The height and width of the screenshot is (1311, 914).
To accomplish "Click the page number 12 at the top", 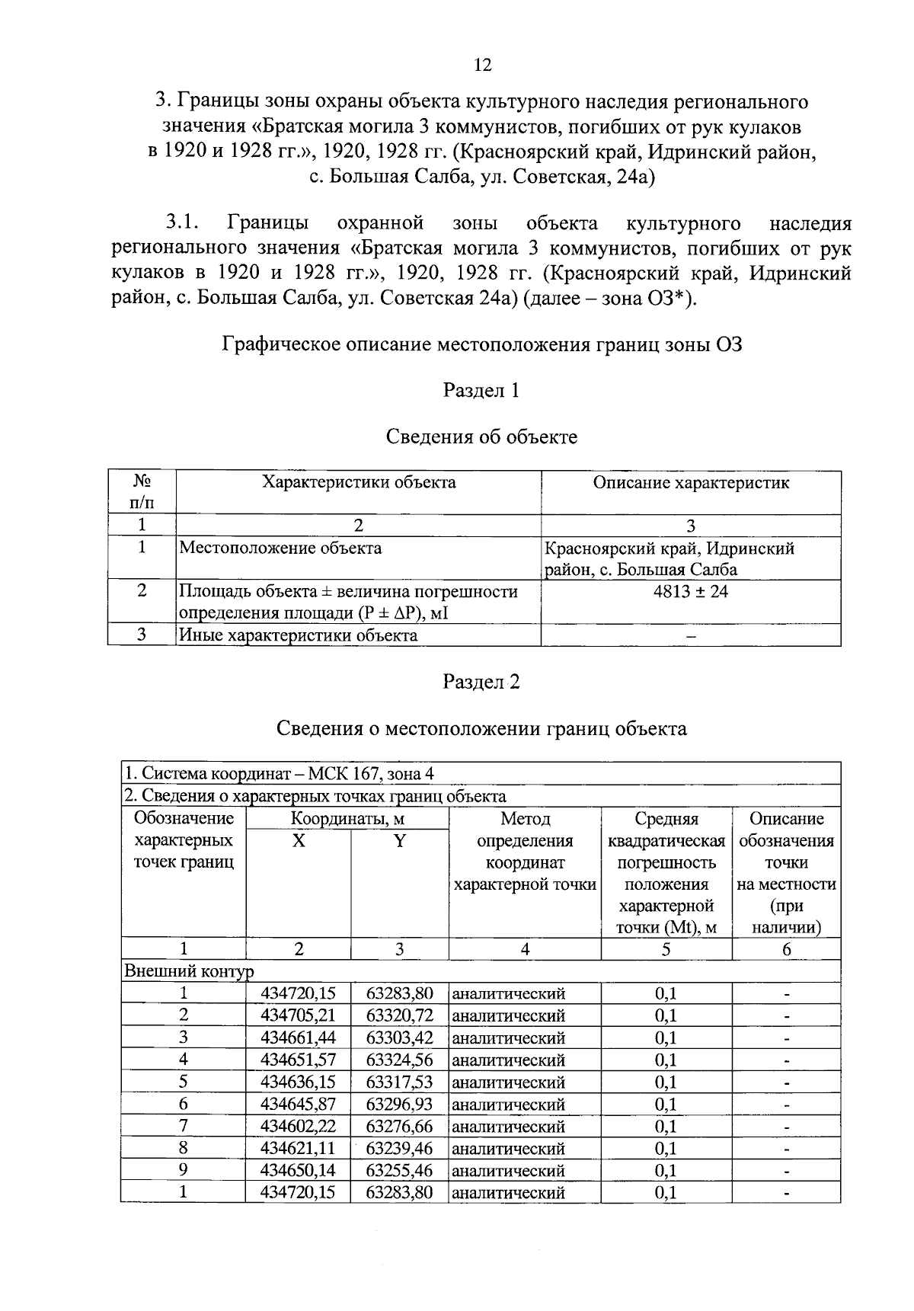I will click(483, 65).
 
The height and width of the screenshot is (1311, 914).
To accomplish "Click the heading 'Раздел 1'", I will click(481, 391).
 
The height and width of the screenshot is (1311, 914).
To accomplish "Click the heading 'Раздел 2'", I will click(481, 682).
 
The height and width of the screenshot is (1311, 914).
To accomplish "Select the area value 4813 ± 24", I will click(690, 591).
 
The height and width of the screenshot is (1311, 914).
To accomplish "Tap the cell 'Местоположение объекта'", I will click(280, 548).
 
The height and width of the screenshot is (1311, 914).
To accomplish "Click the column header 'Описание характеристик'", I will click(691, 482).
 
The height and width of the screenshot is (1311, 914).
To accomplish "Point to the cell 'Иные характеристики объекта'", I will click(298, 635).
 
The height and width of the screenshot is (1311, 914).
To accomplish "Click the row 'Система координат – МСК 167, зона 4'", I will click(280, 773).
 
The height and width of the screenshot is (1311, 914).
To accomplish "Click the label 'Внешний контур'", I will click(189, 971).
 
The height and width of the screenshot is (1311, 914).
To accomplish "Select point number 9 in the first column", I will click(183, 1170).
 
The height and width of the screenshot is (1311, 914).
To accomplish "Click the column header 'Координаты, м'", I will click(347, 819).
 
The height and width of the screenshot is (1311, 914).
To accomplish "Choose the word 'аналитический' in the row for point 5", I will click(509, 1082).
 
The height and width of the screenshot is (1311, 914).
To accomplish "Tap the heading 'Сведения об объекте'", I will click(481, 436).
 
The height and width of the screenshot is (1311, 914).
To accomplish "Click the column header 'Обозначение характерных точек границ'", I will click(184, 840).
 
